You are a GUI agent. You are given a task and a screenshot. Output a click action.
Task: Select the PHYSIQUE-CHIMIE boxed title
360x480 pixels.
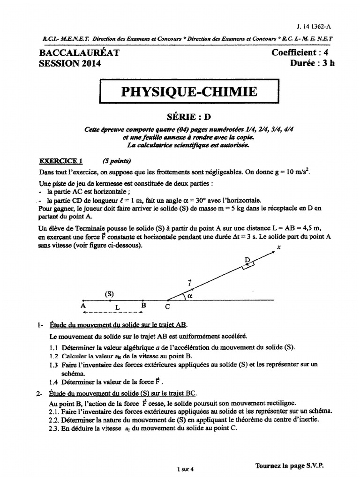(x=189, y=92)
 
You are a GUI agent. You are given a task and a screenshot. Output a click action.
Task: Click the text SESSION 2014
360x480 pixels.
(x=70, y=64)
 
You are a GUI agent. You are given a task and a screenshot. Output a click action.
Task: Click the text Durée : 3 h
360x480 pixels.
(x=313, y=64)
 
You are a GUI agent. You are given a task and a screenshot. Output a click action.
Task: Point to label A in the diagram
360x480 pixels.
(x=83, y=305)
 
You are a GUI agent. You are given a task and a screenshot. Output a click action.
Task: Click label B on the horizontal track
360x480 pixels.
(x=144, y=305)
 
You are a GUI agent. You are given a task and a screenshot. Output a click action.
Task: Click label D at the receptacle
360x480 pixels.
(x=247, y=260)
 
